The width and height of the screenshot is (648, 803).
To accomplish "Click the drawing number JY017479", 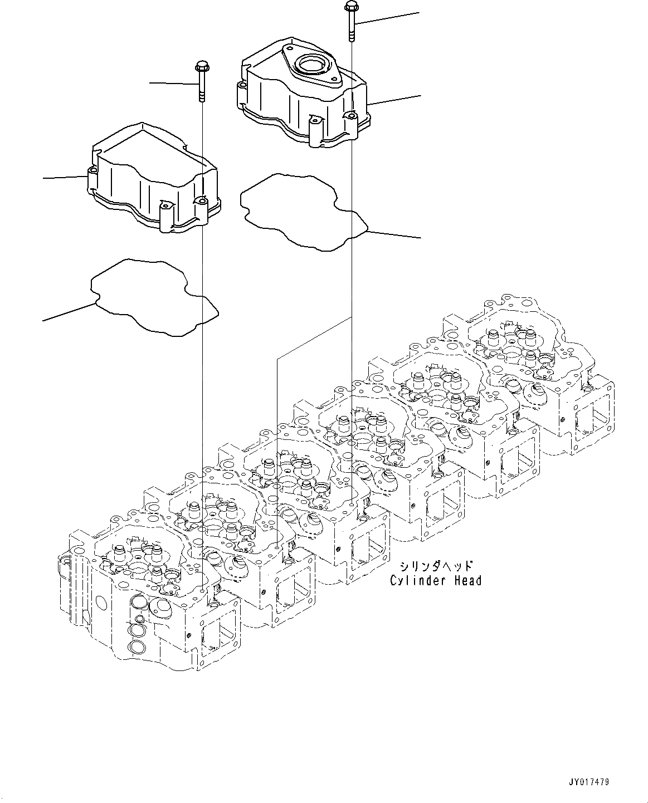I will [x=589, y=782].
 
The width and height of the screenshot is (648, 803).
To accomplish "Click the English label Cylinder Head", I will [x=435, y=581].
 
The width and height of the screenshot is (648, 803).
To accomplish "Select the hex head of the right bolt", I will [x=351, y=7].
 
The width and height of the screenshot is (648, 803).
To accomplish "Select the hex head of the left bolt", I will [x=201, y=67].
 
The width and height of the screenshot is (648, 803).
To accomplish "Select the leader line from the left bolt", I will [x=173, y=84].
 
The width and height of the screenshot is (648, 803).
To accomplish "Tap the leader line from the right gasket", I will [x=393, y=234].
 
